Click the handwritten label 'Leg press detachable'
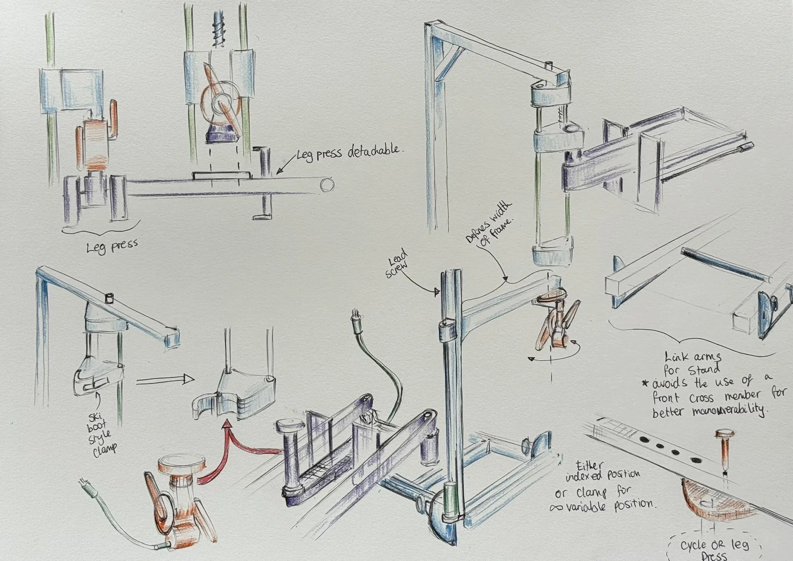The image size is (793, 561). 349,153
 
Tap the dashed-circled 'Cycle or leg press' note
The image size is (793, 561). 713,549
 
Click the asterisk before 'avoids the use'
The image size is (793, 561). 645,384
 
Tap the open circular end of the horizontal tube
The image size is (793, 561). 327,185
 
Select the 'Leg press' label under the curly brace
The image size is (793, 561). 112,247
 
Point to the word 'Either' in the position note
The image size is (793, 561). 588,466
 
